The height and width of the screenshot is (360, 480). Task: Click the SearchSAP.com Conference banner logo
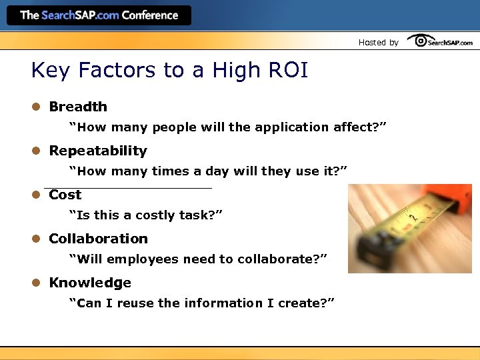[99, 15]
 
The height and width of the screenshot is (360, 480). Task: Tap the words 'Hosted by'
[378, 42]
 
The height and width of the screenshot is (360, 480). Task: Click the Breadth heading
[78, 107]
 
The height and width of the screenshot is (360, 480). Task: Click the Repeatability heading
[98, 151]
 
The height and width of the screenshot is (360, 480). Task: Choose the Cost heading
[65, 195]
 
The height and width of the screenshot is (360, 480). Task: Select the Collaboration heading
[99, 239]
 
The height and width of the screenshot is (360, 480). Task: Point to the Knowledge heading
[90, 283]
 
